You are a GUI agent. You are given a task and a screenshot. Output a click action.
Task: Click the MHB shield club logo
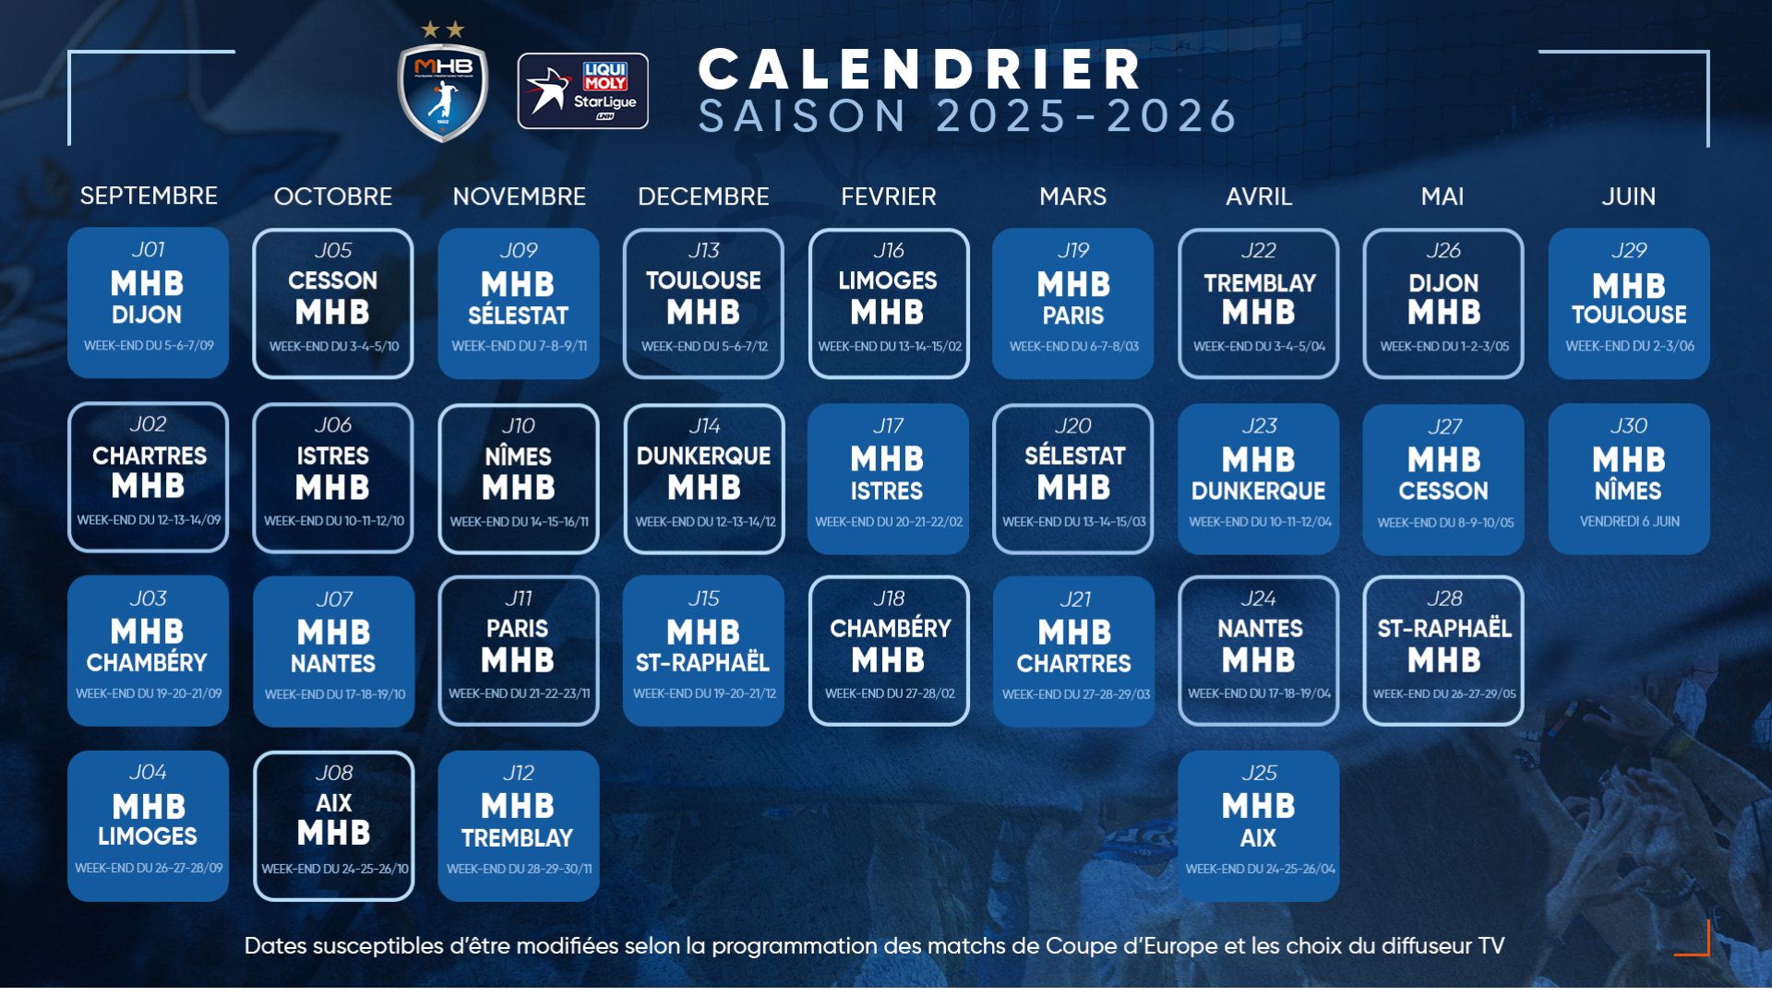[443, 93]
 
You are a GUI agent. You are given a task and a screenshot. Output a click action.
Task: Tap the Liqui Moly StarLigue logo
[583, 90]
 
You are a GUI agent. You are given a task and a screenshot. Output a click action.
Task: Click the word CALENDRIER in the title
[921, 69]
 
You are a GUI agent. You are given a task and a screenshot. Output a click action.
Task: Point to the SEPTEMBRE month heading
[149, 196]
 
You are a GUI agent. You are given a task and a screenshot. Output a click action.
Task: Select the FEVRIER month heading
[889, 196]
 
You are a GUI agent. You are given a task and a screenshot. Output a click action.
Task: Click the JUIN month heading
[1629, 196]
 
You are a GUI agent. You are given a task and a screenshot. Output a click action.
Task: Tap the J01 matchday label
[148, 249]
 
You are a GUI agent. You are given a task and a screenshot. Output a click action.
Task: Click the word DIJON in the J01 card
[147, 315]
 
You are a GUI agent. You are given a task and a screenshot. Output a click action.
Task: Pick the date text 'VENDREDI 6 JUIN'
[1630, 521]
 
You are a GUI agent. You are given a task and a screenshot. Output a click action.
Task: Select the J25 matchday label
[1259, 773]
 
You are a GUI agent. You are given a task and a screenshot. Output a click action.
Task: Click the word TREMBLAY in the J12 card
[518, 838]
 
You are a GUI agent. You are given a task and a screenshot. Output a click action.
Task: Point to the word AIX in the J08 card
[334, 803]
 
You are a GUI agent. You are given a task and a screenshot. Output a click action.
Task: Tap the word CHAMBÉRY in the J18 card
[890, 628]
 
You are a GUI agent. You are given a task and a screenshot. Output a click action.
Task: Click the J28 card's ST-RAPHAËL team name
[1444, 628]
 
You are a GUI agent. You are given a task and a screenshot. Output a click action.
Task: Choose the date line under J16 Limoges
[890, 347]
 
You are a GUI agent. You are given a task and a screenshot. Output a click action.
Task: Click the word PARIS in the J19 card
[1073, 316]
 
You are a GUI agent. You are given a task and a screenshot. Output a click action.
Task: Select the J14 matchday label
[704, 426]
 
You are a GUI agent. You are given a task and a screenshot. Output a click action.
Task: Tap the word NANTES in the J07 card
[333, 664]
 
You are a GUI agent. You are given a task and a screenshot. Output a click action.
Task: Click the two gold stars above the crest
[443, 30]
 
